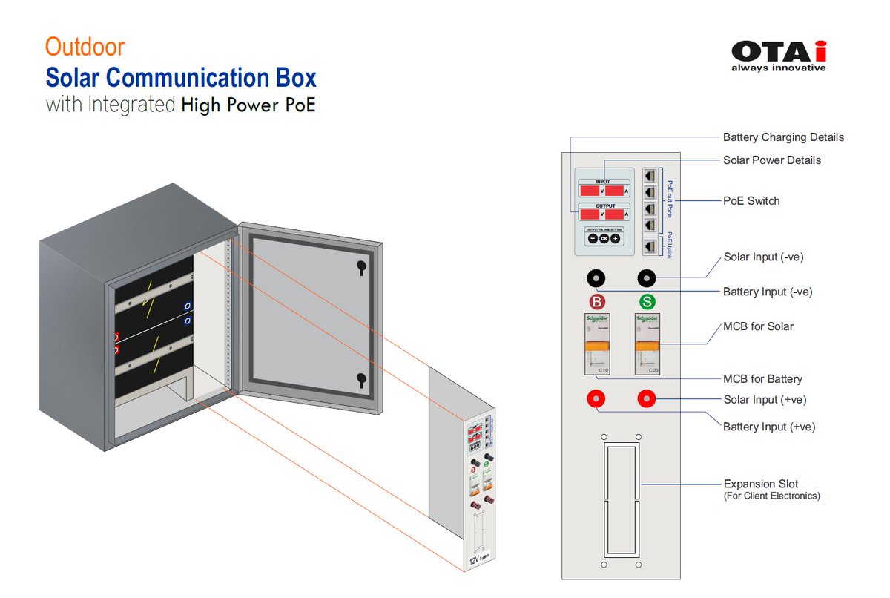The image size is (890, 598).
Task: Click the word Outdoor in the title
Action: click(85, 47)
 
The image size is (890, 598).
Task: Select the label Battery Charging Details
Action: click(783, 137)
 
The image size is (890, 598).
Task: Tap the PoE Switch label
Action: click(751, 200)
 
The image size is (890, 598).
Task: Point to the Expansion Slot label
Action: click(761, 484)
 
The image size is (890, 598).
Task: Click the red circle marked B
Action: click(597, 303)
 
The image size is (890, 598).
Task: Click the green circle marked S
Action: click(647, 303)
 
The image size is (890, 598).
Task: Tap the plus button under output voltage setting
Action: click(616, 239)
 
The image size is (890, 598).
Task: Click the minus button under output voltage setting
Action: click(592, 239)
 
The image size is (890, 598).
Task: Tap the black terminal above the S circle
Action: click(647, 278)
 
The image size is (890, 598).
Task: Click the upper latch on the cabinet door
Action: click(360, 266)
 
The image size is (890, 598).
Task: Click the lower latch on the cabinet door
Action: click(360, 379)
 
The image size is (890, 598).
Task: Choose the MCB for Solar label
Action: click(758, 326)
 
